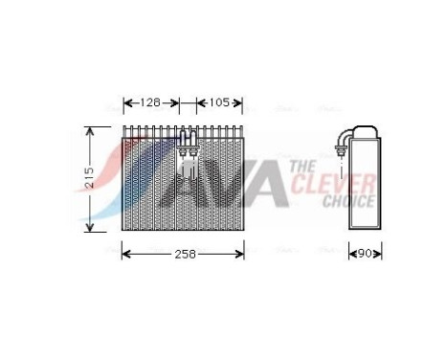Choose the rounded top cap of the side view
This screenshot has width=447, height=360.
coord(364,131)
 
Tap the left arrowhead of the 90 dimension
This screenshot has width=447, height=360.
coord(350,254)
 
